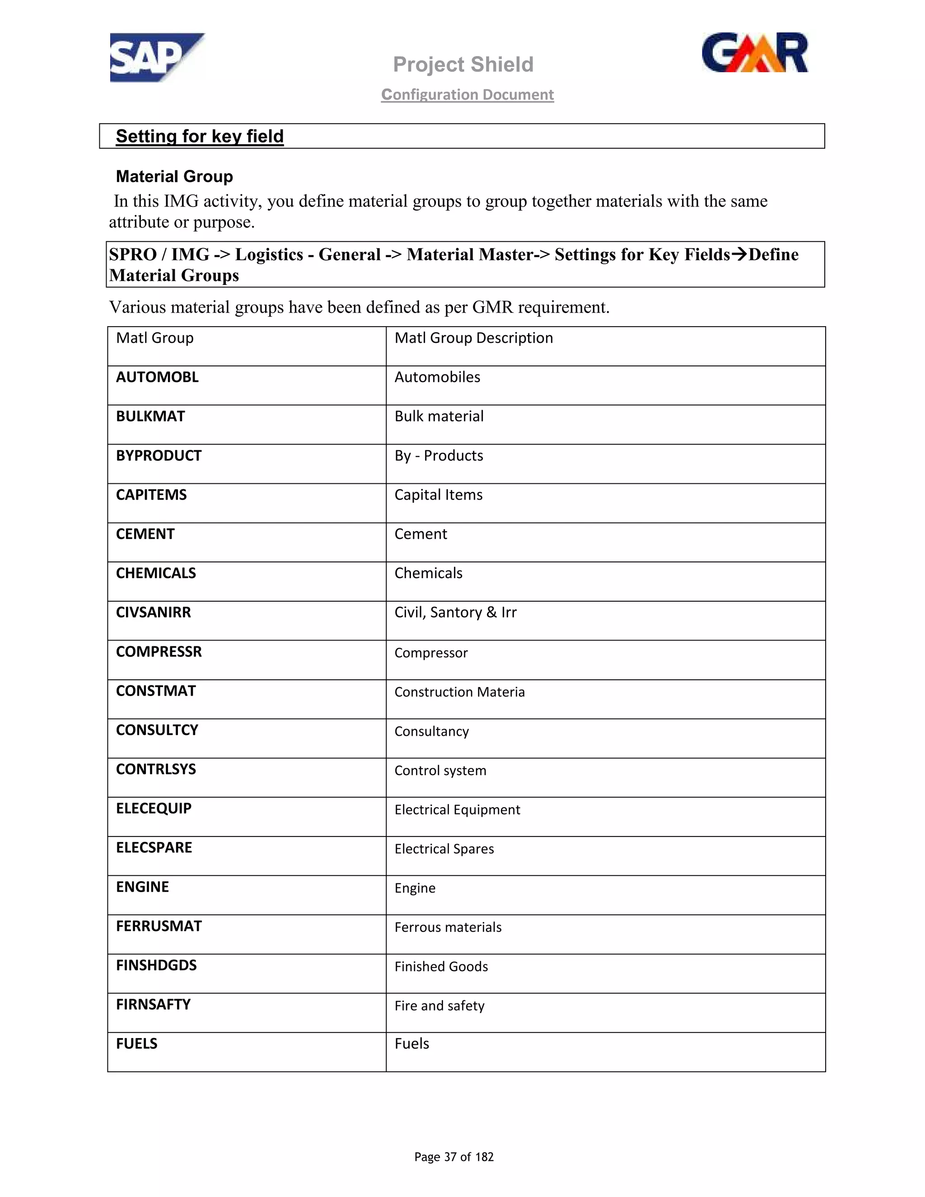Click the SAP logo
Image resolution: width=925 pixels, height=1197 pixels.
[156, 57]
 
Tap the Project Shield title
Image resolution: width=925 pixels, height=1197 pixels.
[463, 65]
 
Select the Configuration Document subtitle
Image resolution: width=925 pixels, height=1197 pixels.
[467, 95]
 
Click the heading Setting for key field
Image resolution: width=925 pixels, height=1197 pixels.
[200, 136]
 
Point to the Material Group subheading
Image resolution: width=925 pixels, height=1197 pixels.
[174, 177]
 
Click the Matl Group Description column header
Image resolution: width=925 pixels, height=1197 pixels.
[473, 338]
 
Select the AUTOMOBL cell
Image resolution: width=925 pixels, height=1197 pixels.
[157, 377]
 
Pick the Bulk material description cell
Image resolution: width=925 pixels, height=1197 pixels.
[439, 416]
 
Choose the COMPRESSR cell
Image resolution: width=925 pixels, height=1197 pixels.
[159, 652]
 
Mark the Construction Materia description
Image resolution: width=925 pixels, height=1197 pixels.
[459, 692]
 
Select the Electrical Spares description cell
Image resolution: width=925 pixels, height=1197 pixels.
[444, 849]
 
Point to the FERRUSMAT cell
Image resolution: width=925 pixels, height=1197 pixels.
[159, 926]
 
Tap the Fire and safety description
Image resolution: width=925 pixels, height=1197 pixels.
[439, 1006]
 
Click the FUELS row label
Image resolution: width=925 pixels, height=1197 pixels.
[136, 1043]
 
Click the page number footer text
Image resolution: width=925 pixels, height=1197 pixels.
[454, 1157]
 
